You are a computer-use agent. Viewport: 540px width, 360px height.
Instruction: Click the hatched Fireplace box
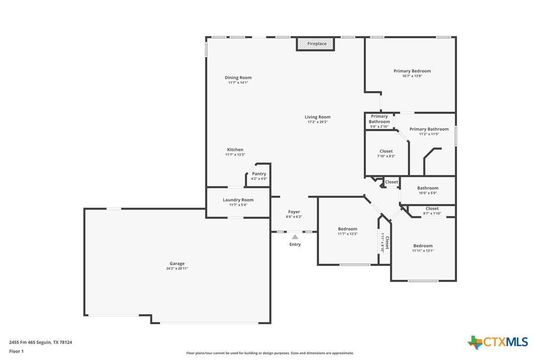coord(316,44)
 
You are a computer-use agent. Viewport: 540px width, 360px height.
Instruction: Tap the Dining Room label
coord(238,78)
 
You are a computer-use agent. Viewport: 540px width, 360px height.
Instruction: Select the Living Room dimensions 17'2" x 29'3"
coord(317,122)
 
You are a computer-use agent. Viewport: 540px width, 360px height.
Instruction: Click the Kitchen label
coord(235,150)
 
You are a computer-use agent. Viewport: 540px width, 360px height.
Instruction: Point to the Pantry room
coord(259,176)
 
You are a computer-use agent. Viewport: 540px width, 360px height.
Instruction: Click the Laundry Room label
coord(238,200)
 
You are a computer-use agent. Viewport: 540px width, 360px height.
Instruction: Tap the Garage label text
coord(177,264)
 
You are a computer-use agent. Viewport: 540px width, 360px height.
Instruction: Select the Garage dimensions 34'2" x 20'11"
coord(177,269)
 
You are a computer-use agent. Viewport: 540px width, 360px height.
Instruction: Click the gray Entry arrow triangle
coord(295,237)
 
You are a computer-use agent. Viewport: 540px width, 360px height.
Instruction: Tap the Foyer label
coord(294,212)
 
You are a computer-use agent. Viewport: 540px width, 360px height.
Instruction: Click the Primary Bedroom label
coord(412,71)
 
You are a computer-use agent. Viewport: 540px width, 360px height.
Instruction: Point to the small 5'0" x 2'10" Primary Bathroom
coord(379,121)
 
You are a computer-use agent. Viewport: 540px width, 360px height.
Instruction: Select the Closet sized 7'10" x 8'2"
coord(386,153)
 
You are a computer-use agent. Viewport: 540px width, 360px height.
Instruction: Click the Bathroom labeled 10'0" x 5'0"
coord(427,190)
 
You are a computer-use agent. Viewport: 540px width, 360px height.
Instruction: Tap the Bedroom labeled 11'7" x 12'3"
coord(348,231)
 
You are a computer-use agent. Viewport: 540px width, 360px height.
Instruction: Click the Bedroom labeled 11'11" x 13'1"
coord(423,248)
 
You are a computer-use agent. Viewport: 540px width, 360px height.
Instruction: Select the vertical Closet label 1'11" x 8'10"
coord(385,243)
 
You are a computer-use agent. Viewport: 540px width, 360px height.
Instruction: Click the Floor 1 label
coord(16,351)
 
